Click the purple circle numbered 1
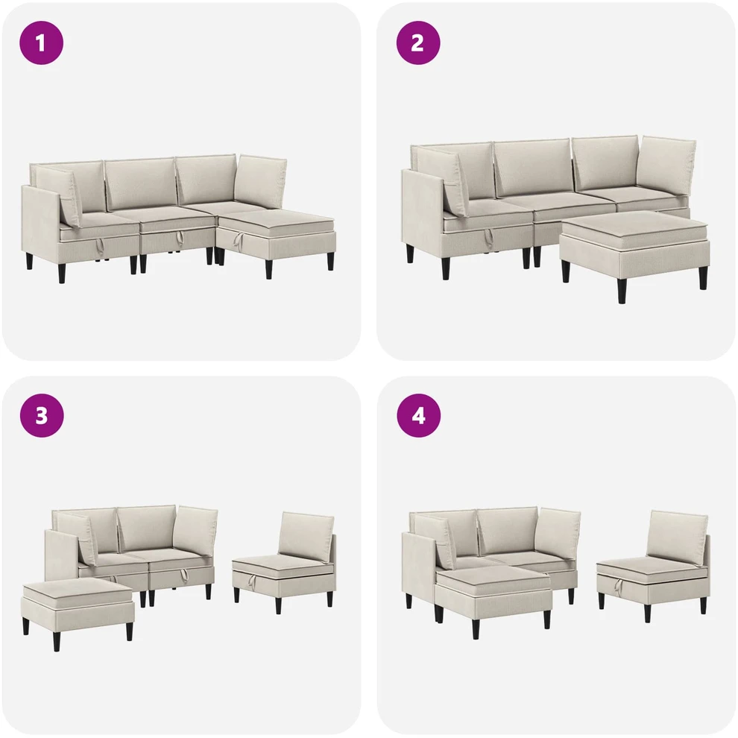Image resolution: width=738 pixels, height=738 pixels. (x=41, y=43)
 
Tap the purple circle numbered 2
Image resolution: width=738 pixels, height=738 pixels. (x=418, y=42)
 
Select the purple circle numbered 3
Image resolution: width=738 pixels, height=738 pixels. (x=42, y=416)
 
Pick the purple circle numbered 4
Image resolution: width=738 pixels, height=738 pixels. (x=418, y=416)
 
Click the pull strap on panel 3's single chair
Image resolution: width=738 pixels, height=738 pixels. (x=252, y=582)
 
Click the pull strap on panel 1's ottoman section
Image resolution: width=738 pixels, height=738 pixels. (x=238, y=241)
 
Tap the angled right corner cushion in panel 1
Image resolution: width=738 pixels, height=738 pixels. (x=261, y=181)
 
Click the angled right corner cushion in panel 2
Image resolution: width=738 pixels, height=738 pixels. (x=669, y=167)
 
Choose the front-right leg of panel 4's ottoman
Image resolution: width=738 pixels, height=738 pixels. (x=547, y=619)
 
